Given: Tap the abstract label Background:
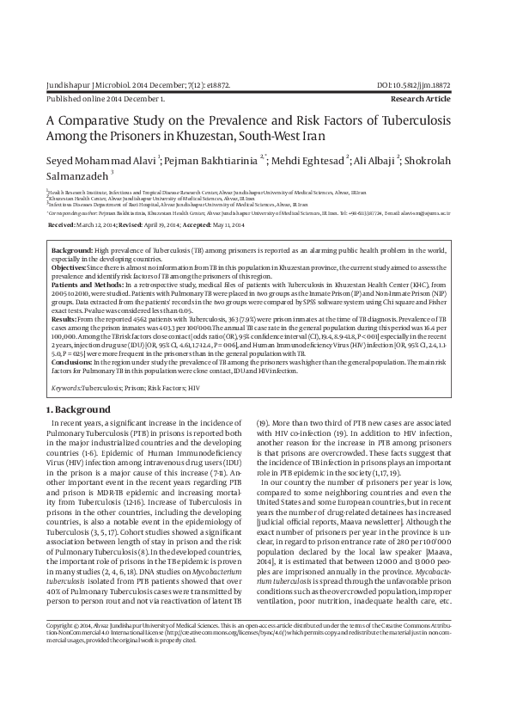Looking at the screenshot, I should (73, 248).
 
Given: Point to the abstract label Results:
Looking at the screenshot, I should (65, 317).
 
